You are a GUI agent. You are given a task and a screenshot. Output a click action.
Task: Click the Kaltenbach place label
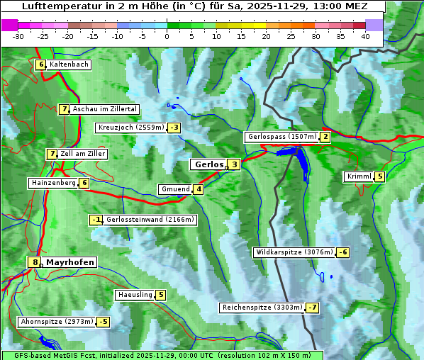[69, 64]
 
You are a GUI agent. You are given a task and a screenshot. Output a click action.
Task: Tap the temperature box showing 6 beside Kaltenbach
[41, 64]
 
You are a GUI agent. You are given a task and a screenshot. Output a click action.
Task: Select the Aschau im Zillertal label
[104, 109]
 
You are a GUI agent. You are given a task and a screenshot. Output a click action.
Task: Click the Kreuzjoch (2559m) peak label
[130, 128]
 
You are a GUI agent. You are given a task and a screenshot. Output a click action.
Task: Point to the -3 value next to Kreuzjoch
[174, 128]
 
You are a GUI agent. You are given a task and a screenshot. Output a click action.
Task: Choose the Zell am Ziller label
[83, 154]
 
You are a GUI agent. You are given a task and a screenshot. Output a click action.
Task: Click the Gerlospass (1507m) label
[281, 137]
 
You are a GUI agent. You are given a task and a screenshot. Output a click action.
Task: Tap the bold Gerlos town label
[208, 164]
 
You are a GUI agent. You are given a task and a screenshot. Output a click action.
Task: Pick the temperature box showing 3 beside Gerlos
[234, 164]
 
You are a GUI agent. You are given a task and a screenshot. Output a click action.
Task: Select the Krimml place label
[359, 176]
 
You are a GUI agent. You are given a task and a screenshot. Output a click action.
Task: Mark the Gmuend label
[175, 189]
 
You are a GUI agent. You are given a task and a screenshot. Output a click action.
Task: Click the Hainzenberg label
[52, 183]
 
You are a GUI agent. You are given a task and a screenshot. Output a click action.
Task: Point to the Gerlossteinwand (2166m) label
[150, 220]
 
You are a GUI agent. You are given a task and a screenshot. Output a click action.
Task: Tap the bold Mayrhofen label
[69, 262]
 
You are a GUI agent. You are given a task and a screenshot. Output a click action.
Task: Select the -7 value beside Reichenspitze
[312, 308]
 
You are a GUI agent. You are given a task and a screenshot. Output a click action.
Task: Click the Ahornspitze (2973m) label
[57, 322]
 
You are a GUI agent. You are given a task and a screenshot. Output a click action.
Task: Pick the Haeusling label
[134, 295]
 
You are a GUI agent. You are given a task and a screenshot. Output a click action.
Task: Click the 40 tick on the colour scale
[365, 35]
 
